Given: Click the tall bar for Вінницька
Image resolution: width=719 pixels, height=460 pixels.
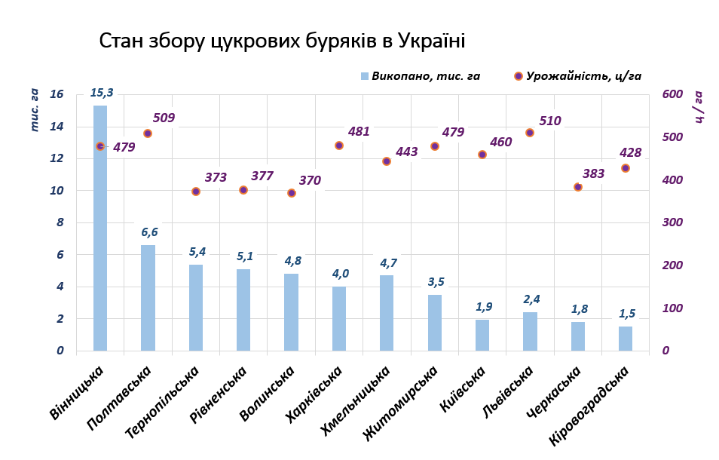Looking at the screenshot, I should [x=100, y=228].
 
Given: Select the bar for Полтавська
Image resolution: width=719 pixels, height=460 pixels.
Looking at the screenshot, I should [x=148, y=298].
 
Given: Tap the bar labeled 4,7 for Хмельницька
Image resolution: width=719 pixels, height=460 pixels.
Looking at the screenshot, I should [x=387, y=313].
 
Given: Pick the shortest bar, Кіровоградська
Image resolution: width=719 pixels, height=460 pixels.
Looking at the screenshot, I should [x=625, y=339].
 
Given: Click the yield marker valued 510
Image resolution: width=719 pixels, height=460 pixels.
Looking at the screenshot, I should [x=530, y=133].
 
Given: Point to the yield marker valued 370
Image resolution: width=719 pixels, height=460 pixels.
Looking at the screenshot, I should [x=292, y=193].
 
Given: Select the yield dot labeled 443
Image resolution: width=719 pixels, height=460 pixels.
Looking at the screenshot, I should [x=387, y=161].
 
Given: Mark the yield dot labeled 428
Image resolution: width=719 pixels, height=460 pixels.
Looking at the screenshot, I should [x=625, y=168].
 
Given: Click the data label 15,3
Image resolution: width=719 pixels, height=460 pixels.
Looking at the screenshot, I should [x=101, y=93].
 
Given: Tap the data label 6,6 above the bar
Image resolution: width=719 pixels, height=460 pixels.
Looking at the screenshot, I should [x=148, y=232].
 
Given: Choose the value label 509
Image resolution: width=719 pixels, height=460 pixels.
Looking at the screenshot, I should [x=164, y=118].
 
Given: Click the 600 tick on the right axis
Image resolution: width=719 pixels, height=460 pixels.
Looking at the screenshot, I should [x=672, y=94].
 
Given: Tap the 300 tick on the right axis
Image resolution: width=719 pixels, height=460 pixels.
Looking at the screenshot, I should [x=672, y=222].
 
